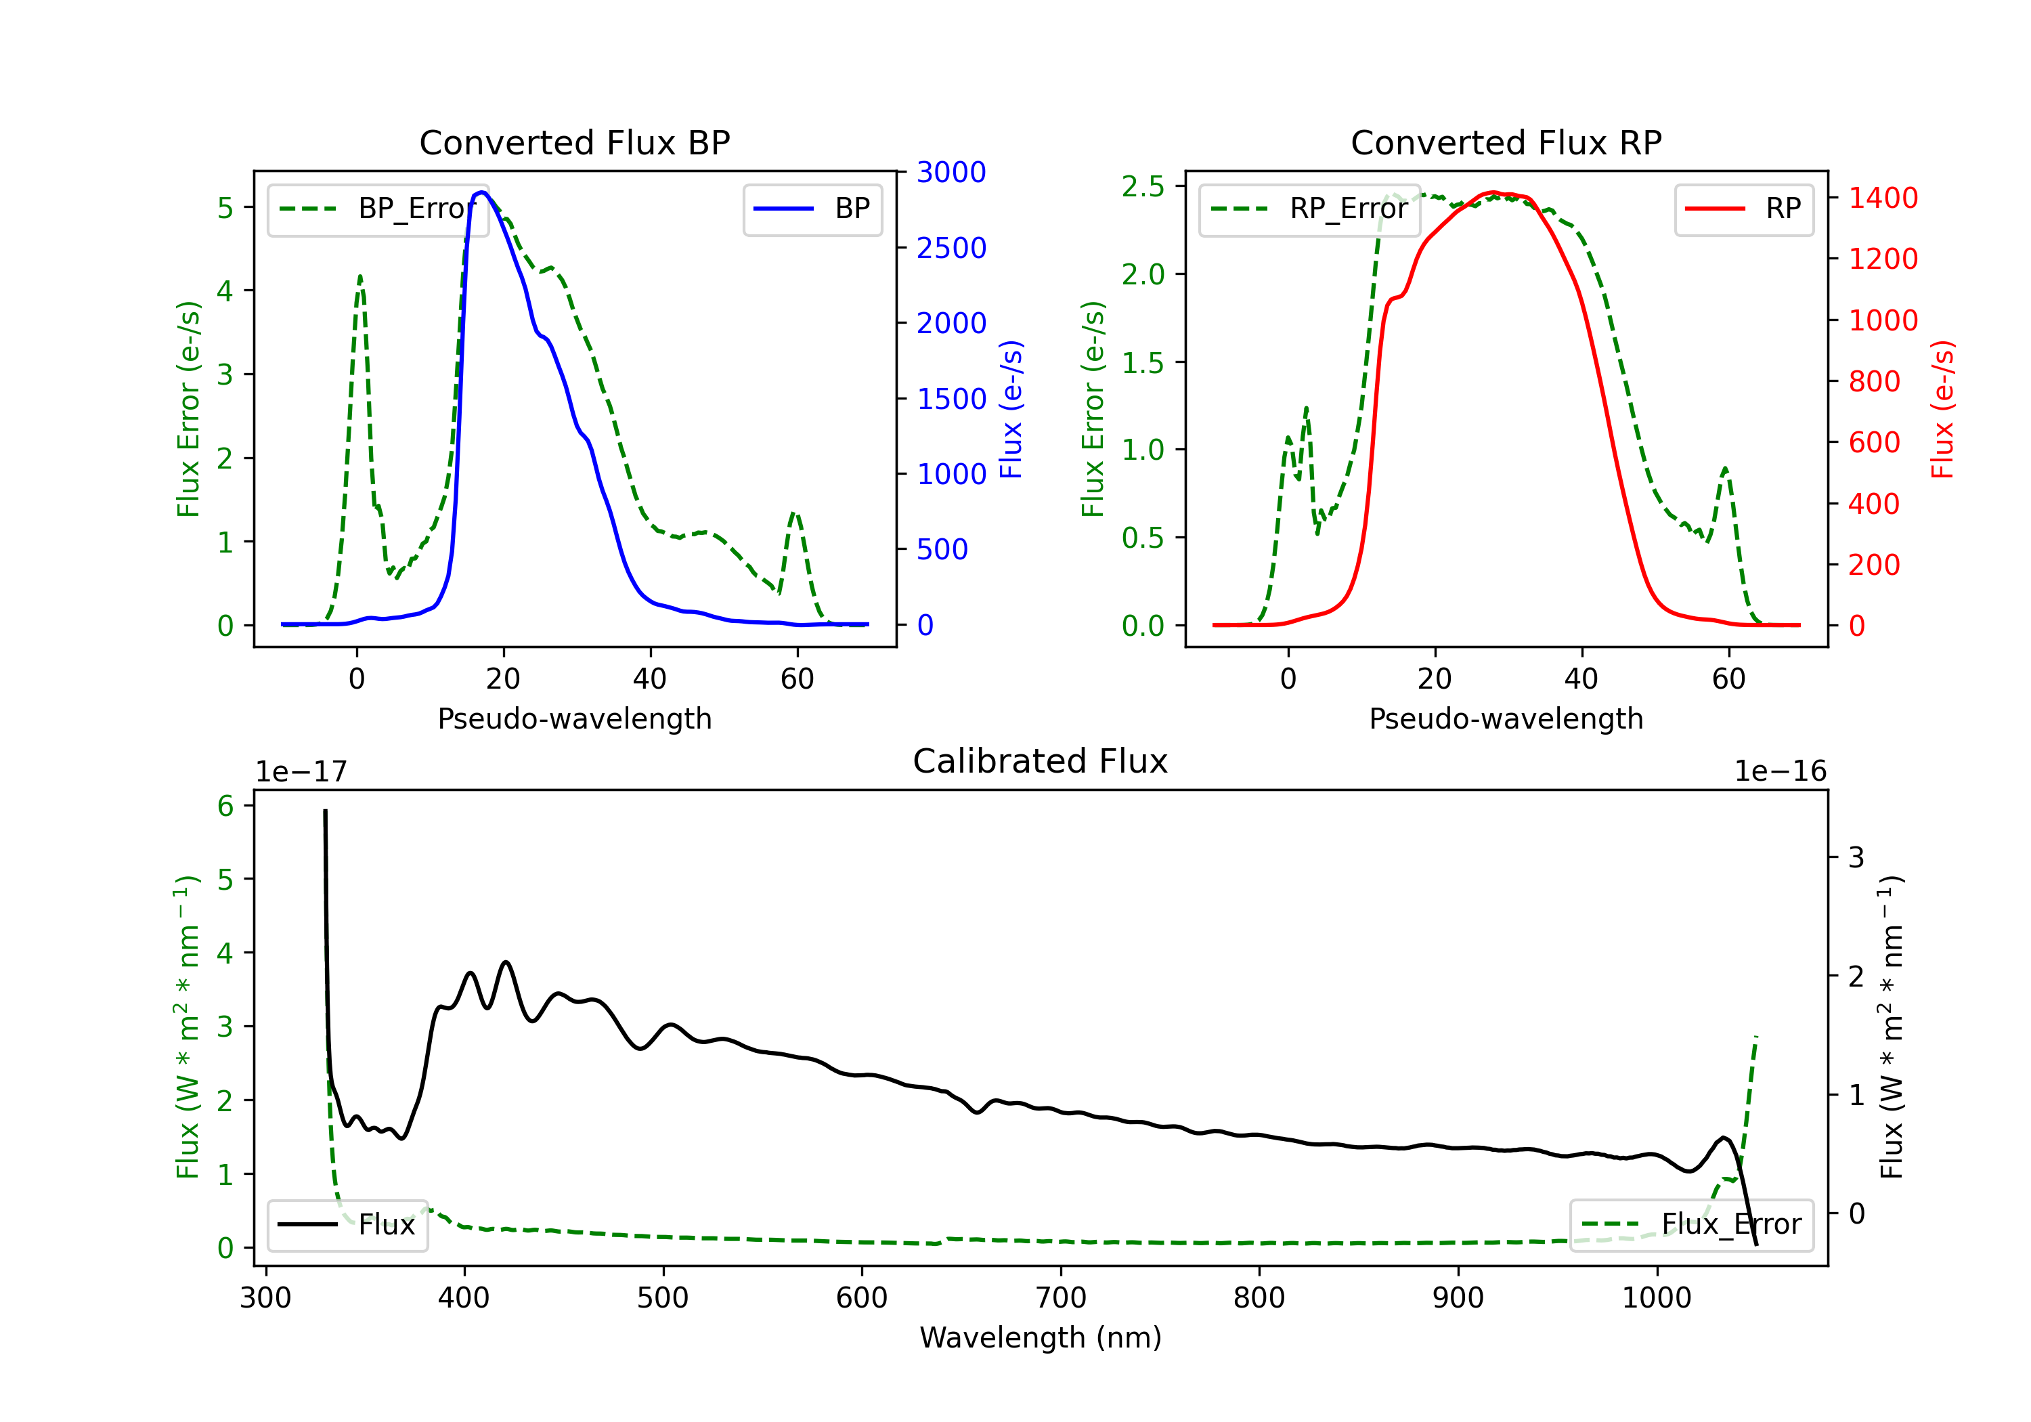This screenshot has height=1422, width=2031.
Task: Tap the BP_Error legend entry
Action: click(x=378, y=209)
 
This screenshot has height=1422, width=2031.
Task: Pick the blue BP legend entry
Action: click(x=812, y=209)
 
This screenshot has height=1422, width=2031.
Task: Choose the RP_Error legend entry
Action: click(x=1309, y=209)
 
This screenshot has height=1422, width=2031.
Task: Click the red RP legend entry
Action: click(x=1743, y=209)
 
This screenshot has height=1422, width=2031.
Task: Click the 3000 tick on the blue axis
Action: click(x=951, y=173)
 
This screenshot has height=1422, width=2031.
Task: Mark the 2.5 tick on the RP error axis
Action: click(x=1143, y=187)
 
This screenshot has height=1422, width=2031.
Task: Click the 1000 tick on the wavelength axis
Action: click(x=1656, y=1297)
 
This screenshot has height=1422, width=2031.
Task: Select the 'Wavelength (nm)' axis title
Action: click(x=1041, y=1337)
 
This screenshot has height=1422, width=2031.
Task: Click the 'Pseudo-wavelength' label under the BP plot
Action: click(x=574, y=718)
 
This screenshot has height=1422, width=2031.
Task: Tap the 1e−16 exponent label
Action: click(x=1780, y=772)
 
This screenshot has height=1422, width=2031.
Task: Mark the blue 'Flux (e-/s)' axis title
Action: click(x=1011, y=409)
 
